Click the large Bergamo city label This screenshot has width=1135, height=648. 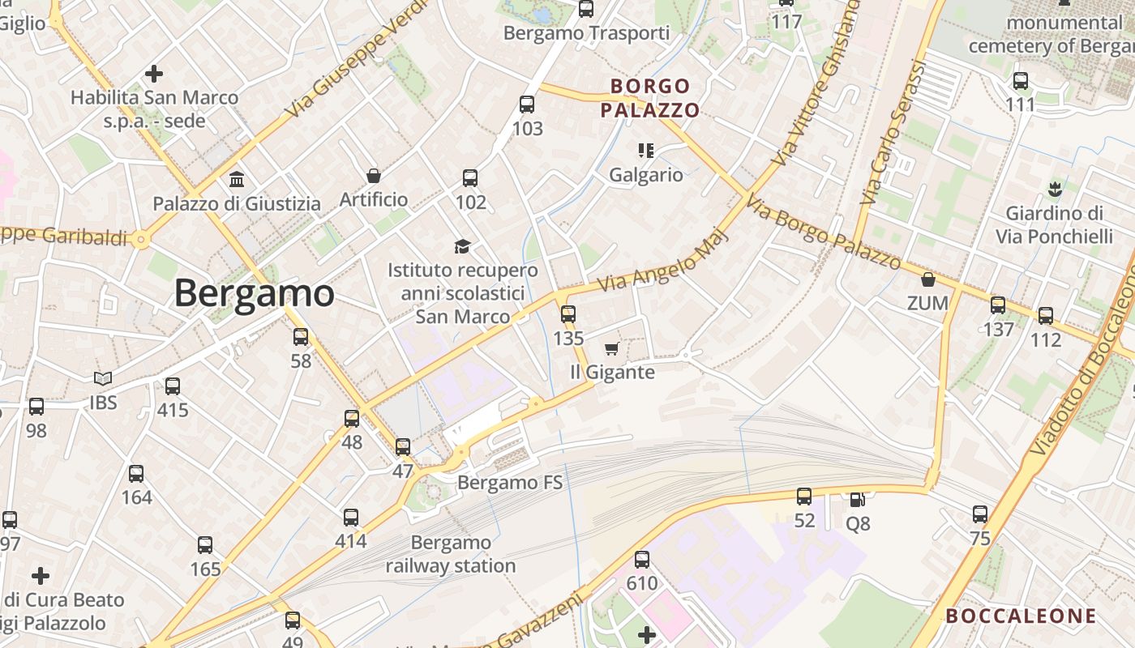coord(254,293)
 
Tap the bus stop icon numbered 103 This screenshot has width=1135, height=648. coord(527,104)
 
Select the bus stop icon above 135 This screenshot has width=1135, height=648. coord(568,314)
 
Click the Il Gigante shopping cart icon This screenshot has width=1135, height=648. coord(612,349)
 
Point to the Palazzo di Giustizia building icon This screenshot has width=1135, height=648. coord(237,179)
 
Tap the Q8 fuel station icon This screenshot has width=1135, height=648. coord(857,500)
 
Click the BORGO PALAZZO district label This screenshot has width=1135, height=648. coord(650,98)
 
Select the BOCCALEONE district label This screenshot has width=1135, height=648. coord(1021,616)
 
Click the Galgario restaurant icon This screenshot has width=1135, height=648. coord(646,150)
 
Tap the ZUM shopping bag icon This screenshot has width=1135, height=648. coord(928,279)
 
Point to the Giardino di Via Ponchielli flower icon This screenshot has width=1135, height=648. coord(1055,190)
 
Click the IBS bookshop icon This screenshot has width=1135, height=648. coord(103,378)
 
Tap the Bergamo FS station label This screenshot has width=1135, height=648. coord(510,483)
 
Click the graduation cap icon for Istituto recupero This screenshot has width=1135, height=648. coord(462,246)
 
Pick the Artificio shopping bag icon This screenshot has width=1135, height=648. coord(374,176)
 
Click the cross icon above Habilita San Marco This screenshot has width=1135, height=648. coord(154,75)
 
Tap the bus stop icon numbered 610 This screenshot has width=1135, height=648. coord(642,559)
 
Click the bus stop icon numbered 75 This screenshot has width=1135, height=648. coord(980,514)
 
